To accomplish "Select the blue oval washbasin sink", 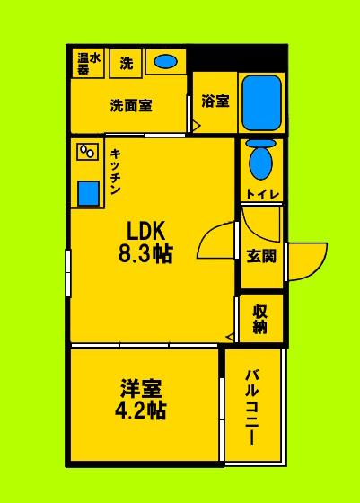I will [x=165, y=62].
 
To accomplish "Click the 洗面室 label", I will [x=131, y=105].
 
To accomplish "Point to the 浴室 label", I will [x=215, y=101].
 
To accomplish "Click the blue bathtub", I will [x=262, y=102].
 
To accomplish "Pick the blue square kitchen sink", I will [x=88, y=194].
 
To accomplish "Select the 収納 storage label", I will [x=261, y=319].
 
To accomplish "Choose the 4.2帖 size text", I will [x=142, y=411].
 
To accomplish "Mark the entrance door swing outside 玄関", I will [x=306, y=260].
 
